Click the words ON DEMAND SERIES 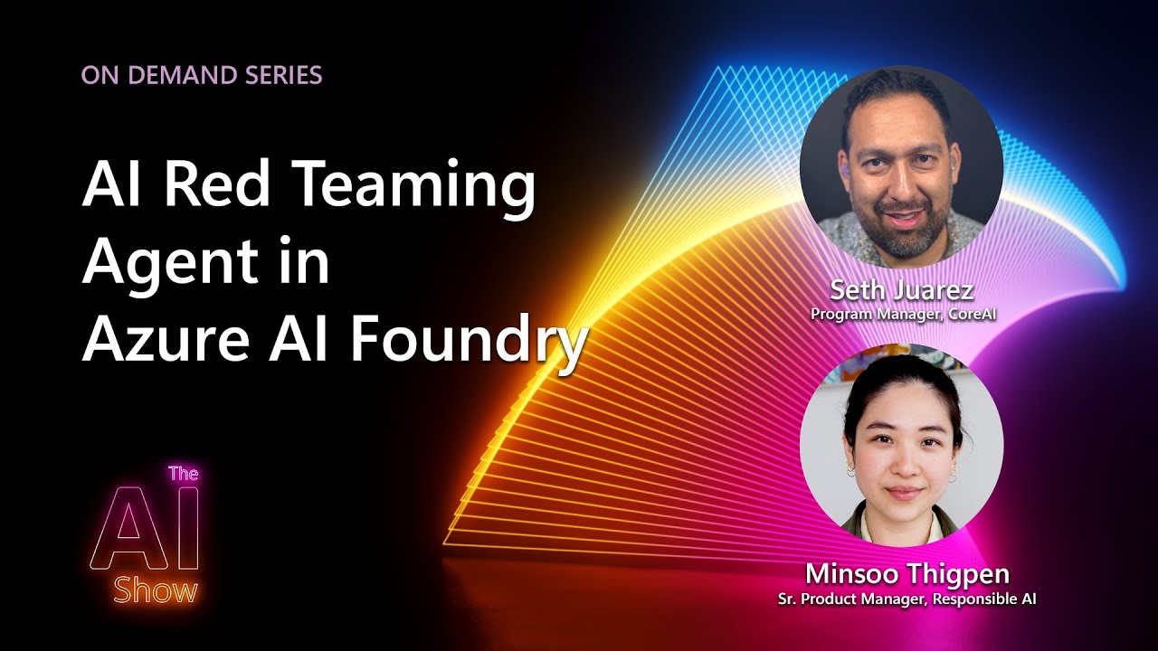coord(202,75)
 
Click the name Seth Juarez coord(901,291)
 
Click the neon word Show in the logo coord(156,592)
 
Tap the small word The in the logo coord(184,473)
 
